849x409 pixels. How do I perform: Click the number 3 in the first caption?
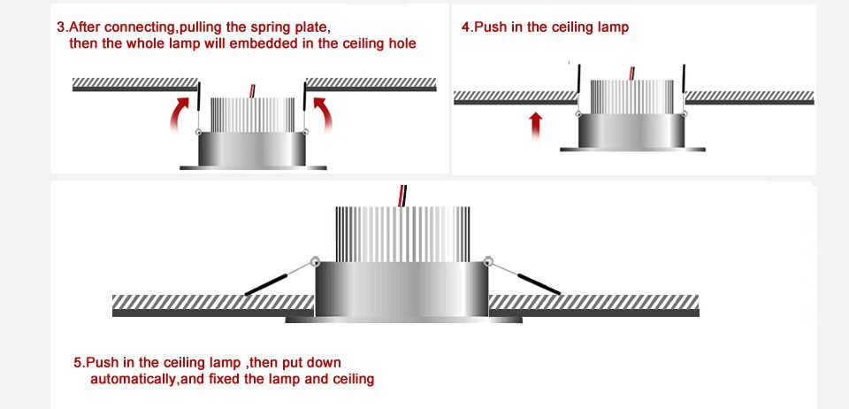60,27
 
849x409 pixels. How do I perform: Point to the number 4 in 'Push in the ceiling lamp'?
465,27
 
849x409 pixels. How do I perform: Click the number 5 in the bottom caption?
78,362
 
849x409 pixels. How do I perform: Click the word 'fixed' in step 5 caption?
224,379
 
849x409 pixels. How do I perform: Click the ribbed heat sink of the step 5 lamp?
402,232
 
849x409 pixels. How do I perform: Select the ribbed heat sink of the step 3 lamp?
251,113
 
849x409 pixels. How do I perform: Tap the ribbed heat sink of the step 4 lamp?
631,96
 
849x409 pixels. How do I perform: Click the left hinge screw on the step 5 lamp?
314,260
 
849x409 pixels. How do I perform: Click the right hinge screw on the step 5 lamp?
488,260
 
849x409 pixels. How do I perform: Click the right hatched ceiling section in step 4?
749,96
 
